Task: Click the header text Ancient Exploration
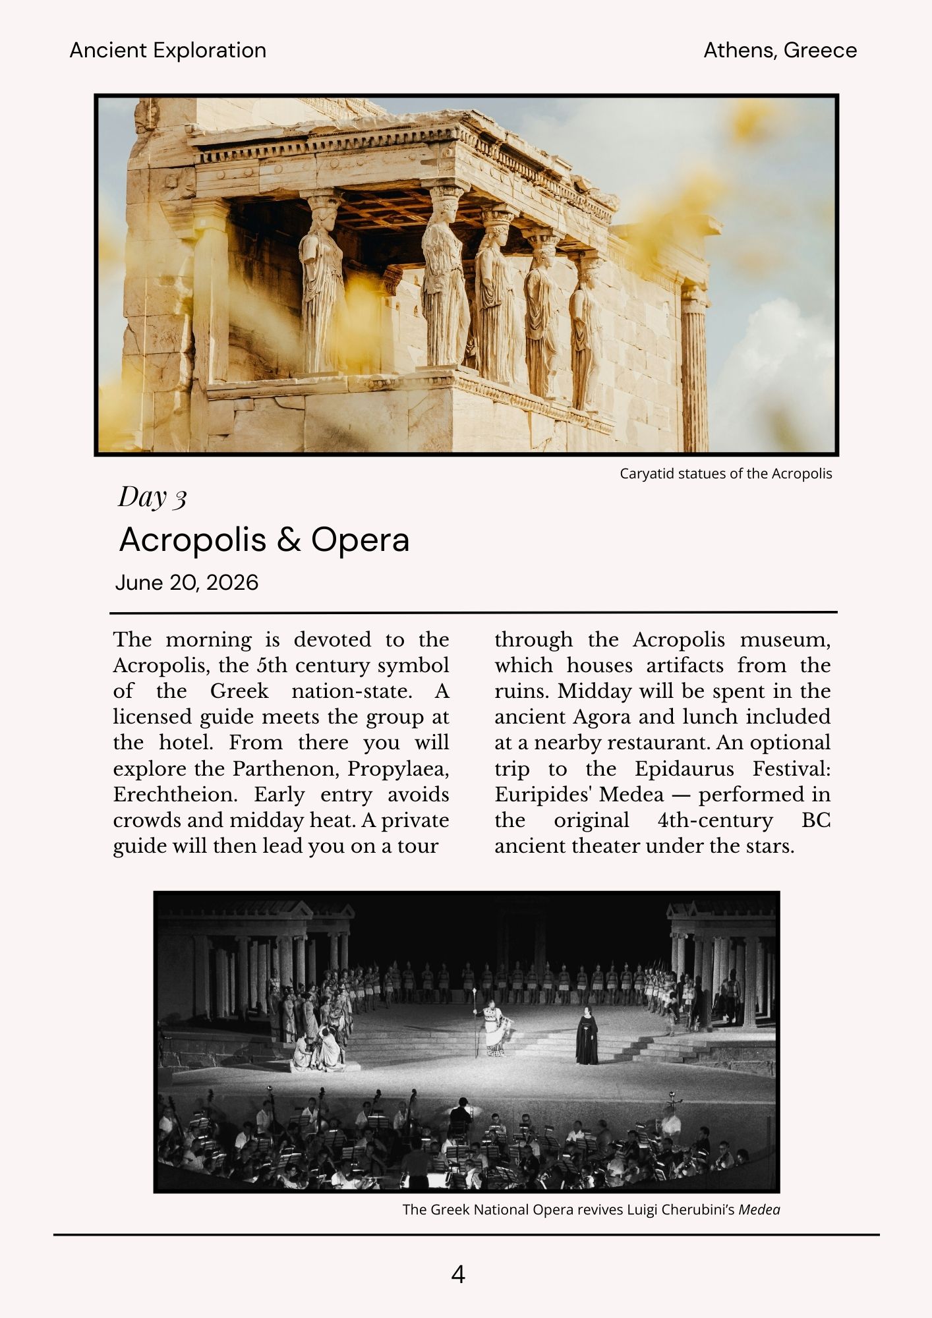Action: coord(168,51)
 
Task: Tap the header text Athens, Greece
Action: coord(780,51)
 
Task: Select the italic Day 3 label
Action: coord(152,497)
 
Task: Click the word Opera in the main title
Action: coord(360,540)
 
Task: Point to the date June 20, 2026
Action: coord(187,583)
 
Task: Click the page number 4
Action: coord(458,1275)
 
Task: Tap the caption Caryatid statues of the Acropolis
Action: coord(726,474)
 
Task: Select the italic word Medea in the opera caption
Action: coord(759,1210)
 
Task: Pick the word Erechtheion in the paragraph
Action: coord(175,795)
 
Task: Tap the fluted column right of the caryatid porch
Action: coord(694,369)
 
